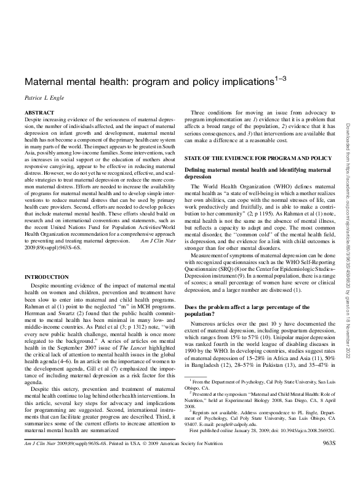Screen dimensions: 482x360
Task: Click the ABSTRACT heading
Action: (x=39, y=114)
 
